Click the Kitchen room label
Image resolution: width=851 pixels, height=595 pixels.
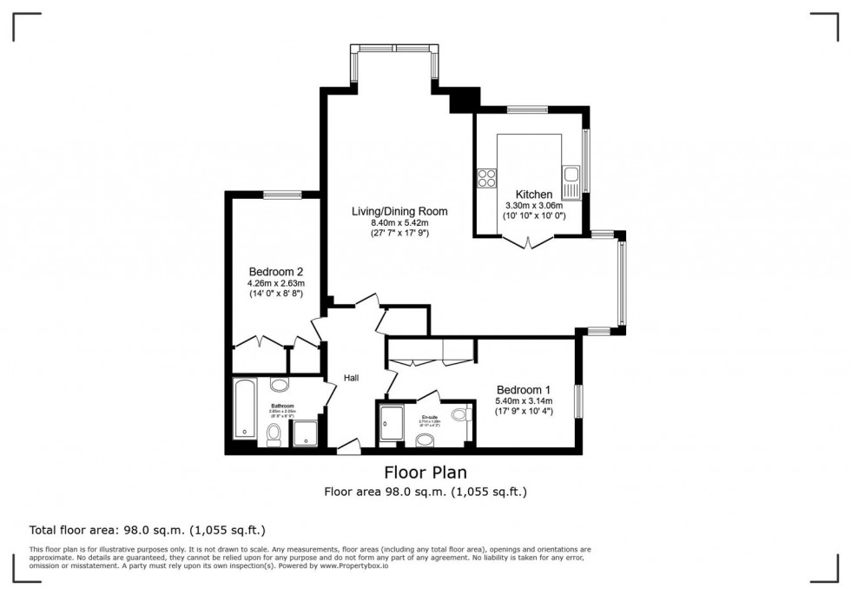click(x=534, y=194)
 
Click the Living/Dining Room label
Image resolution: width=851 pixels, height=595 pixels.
click(x=399, y=211)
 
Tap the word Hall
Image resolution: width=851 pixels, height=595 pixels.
click(x=352, y=377)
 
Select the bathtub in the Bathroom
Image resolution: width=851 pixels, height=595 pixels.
click(x=245, y=408)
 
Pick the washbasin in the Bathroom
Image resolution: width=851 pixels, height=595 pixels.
click(x=280, y=385)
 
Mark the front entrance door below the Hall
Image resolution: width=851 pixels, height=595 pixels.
click(x=349, y=446)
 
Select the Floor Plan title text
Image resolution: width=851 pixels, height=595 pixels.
click(x=425, y=473)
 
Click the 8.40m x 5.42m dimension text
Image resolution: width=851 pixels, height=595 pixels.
click(x=399, y=222)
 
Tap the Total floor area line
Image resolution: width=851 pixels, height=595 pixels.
click(x=148, y=530)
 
